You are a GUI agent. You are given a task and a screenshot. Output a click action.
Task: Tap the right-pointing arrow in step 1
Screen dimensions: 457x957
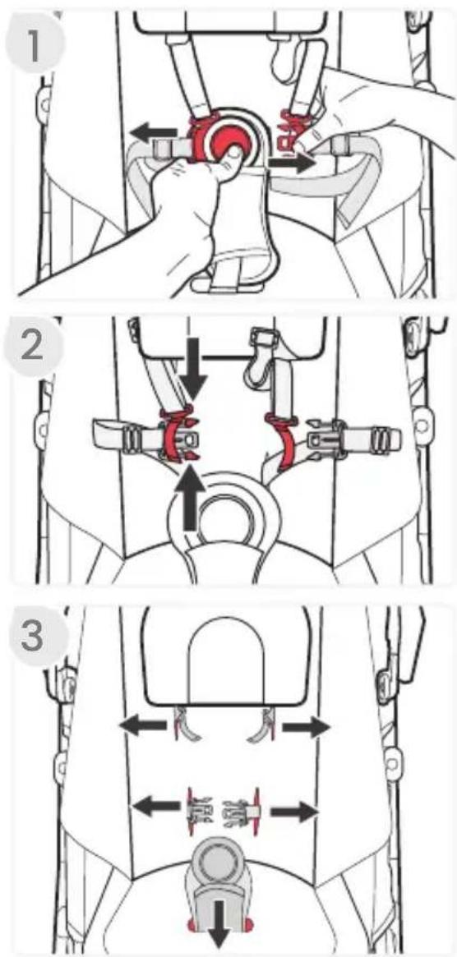click(x=291, y=163)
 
